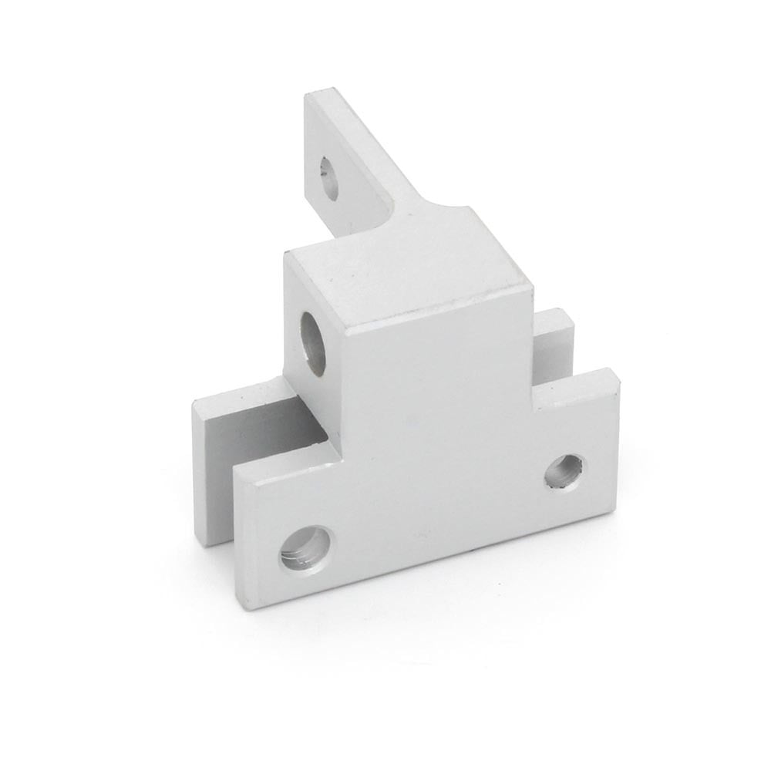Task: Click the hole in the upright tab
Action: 329,178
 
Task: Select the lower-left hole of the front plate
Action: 305,548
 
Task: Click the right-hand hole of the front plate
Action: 564,471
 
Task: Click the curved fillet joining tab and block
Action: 432,207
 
